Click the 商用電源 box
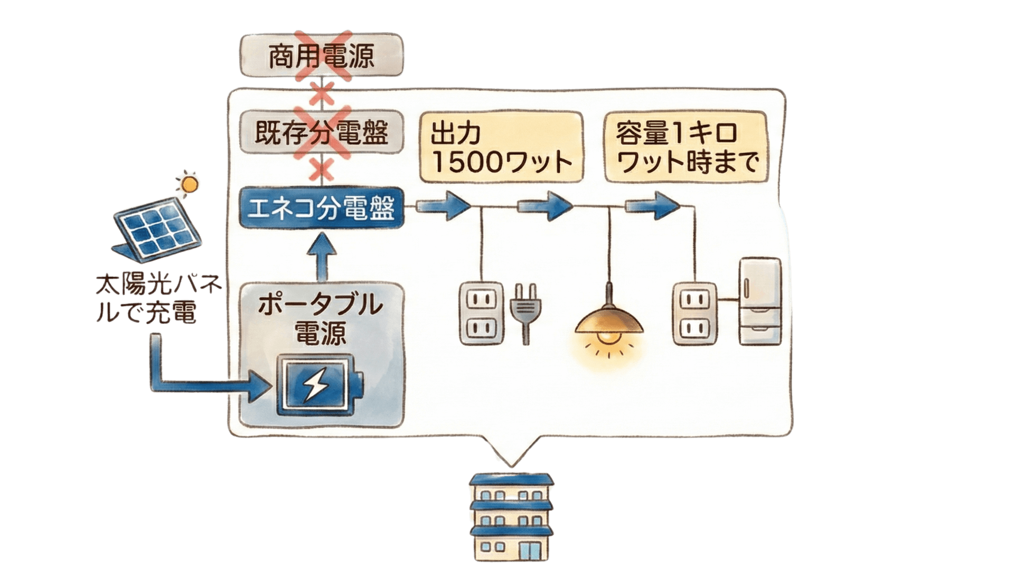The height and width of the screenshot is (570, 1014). click(x=322, y=56)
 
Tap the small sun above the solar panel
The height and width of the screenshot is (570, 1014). click(x=189, y=184)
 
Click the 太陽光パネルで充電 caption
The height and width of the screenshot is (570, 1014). click(x=157, y=299)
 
